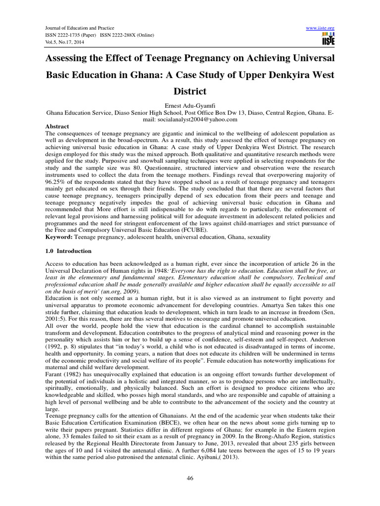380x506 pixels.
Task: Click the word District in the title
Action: tap(190, 91)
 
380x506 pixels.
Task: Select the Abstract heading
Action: tap(57, 126)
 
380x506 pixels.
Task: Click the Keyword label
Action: tap(59, 237)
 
